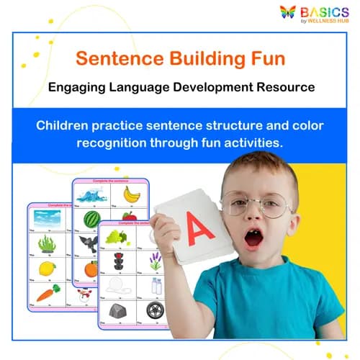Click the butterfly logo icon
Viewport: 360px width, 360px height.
(x=288, y=12)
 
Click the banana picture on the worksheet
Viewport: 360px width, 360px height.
(x=131, y=194)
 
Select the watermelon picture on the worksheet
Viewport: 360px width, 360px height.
(x=91, y=218)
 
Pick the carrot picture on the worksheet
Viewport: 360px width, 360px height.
(x=47, y=292)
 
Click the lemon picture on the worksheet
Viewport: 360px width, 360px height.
(x=48, y=268)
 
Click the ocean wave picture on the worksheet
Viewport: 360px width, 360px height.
(x=91, y=195)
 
